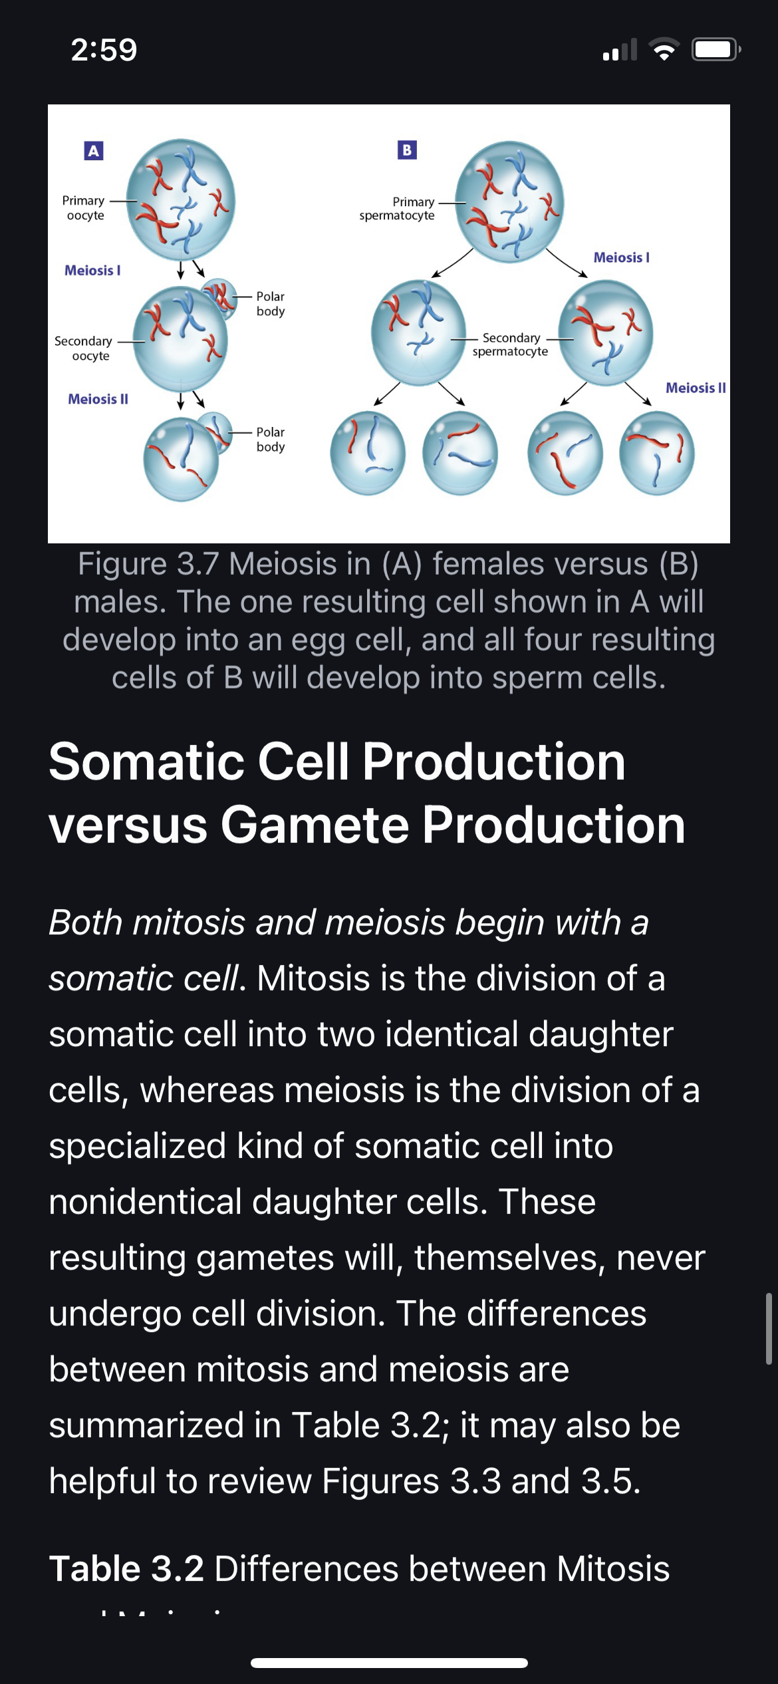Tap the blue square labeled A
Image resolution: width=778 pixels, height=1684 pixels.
(94, 151)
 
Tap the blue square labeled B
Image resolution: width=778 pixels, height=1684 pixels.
(407, 150)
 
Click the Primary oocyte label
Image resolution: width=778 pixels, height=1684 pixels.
(84, 208)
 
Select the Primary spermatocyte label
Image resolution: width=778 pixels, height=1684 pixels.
(397, 209)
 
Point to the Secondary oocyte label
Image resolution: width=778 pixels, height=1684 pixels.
(84, 349)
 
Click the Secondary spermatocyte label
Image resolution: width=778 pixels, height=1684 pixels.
(511, 345)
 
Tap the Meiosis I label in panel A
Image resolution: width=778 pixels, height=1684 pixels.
(92, 271)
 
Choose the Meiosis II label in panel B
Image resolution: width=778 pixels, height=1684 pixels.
(696, 388)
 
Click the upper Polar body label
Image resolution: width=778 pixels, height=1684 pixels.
(271, 303)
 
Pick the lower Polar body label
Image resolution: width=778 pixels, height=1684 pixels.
(271, 440)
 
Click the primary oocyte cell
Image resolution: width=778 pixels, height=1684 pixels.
(181, 200)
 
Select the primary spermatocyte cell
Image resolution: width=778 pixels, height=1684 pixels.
(510, 202)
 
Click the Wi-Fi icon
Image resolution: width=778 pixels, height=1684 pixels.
(664, 49)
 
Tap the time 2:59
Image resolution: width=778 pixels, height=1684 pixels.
(104, 50)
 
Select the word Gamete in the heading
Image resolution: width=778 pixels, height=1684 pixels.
(315, 825)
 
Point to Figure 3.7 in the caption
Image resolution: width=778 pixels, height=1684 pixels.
(148, 564)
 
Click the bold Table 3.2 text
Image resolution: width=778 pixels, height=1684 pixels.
(126, 1568)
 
